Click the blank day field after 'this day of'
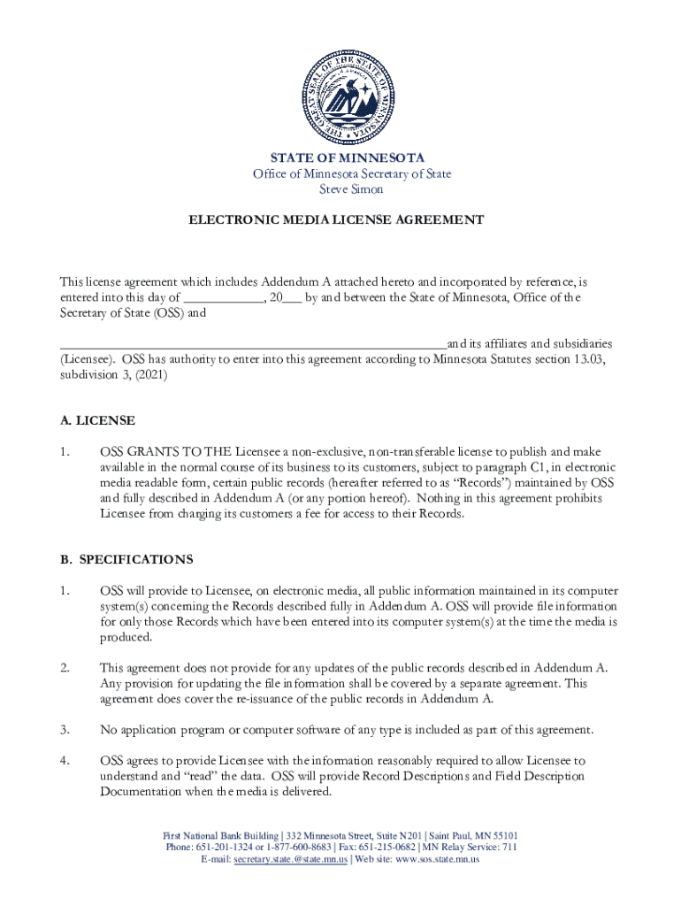225,298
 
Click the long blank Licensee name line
253,343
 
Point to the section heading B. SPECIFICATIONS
126,559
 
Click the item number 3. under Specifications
65,729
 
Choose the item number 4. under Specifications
65,761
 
